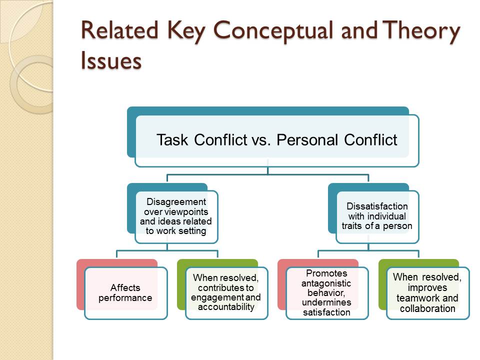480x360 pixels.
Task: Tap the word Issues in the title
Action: (111, 61)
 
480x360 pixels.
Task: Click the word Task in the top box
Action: (173, 139)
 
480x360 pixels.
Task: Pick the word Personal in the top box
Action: (308, 139)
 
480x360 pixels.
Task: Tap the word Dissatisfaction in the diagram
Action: (377, 206)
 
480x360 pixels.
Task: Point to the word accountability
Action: (226, 307)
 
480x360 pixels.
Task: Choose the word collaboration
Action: (427, 308)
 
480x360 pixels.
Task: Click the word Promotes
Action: (327, 273)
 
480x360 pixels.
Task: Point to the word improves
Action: (428, 288)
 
